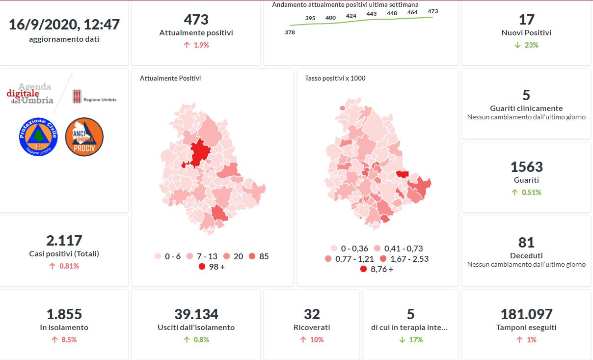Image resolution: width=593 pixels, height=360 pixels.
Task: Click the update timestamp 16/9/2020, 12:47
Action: pyautogui.click(x=64, y=24)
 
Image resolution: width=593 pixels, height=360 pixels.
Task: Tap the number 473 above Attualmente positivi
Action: pyautogui.click(x=196, y=20)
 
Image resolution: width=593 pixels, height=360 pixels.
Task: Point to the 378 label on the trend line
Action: pyautogui.click(x=290, y=32)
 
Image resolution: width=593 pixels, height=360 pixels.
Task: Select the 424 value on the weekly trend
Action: pyautogui.click(x=351, y=16)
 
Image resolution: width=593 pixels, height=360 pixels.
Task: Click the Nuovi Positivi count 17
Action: pyautogui.click(x=526, y=20)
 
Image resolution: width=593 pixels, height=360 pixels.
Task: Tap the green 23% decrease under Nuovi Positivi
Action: pyautogui.click(x=526, y=45)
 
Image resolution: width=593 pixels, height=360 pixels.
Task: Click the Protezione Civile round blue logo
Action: pyautogui.click(x=38, y=137)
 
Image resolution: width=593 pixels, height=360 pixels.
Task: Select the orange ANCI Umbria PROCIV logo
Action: pyautogui.click(x=84, y=137)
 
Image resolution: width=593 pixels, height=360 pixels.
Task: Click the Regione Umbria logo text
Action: pyautogui.click(x=100, y=100)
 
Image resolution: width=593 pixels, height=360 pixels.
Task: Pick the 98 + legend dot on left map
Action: pyautogui.click(x=202, y=267)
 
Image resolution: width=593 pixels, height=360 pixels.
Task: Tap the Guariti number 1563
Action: pyautogui.click(x=526, y=167)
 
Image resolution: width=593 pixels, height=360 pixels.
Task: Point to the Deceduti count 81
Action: pyautogui.click(x=526, y=243)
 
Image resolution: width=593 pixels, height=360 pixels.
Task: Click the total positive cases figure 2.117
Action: pyautogui.click(x=64, y=241)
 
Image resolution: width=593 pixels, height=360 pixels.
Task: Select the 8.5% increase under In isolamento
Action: pyautogui.click(x=64, y=340)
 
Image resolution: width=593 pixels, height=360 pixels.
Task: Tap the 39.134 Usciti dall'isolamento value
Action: pyautogui.click(x=196, y=314)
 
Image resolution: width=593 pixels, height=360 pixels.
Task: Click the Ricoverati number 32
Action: pyautogui.click(x=312, y=314)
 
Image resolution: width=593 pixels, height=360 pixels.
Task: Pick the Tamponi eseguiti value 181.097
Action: pyautogui.click(x=526, y=314)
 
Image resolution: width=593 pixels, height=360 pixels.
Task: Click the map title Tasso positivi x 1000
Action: pyautogui.click(x=335, y=78)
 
